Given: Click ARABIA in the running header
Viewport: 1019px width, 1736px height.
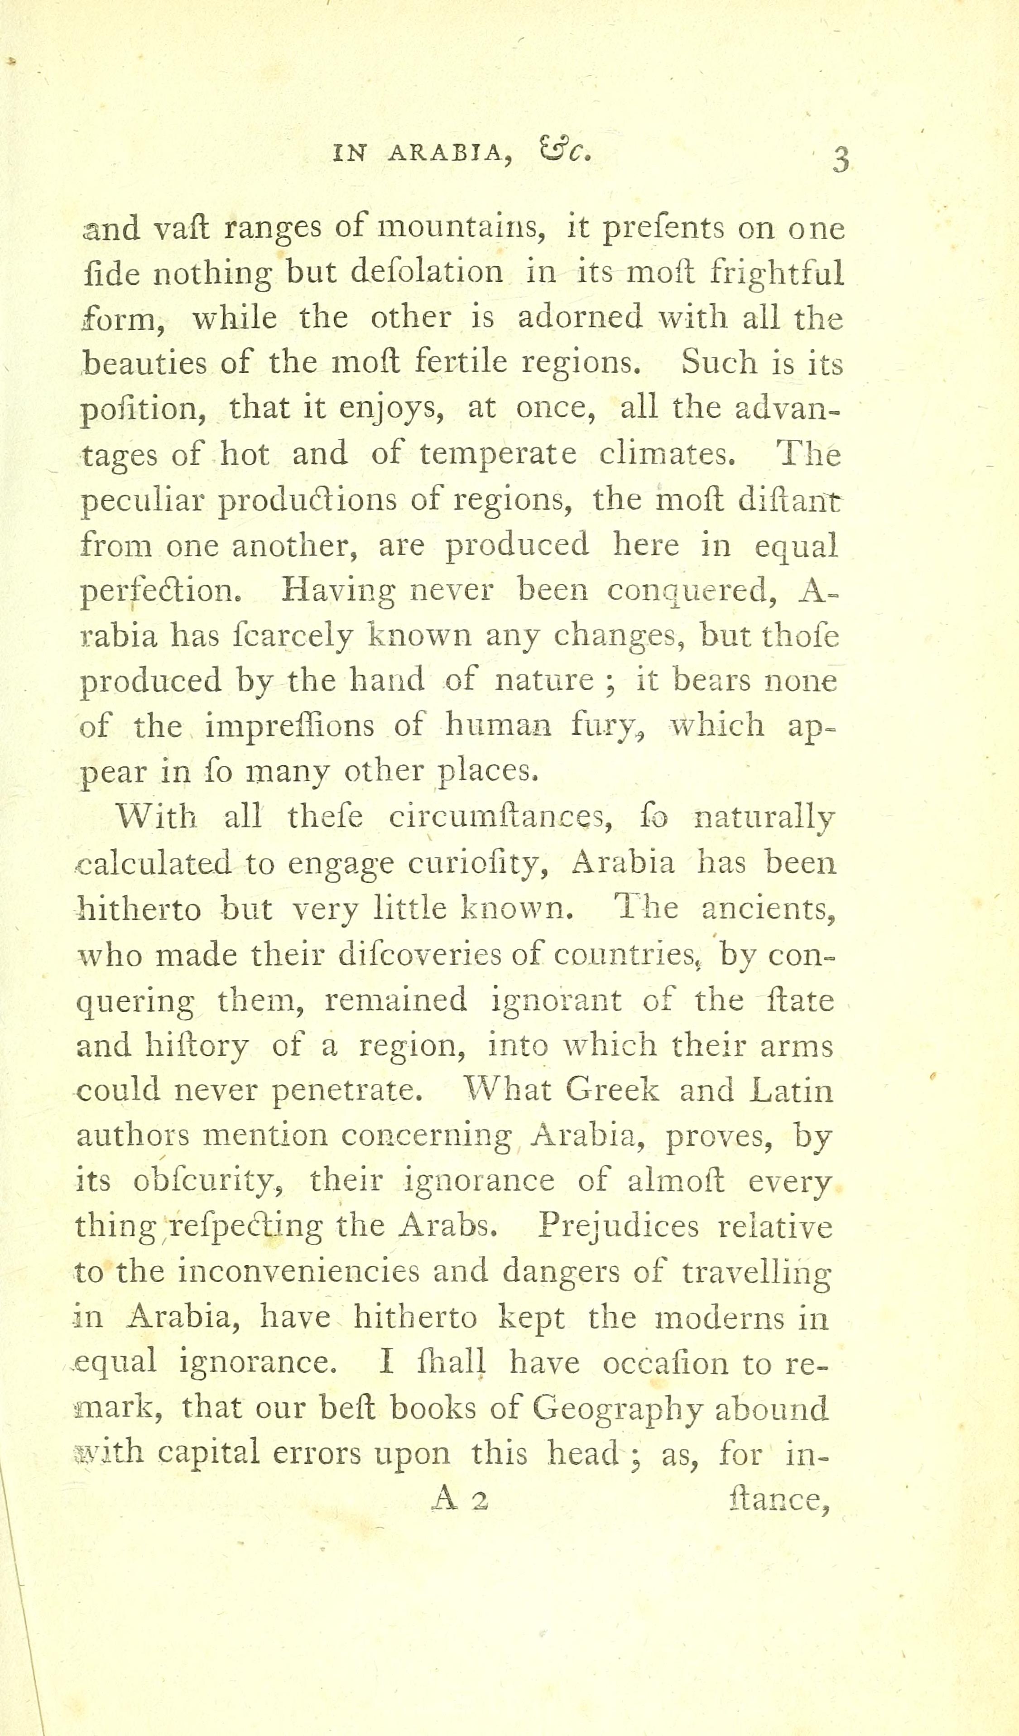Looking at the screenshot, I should point(450,153).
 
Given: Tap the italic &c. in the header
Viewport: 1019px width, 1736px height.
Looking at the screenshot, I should point(565,150).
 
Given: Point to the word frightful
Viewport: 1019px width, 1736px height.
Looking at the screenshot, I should point(777,274).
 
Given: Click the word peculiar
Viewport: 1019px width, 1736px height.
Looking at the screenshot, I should point(143,501).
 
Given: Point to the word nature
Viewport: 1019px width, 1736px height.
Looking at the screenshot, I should point(543,681).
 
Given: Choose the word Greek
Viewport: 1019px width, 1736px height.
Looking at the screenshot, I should point(611,1091).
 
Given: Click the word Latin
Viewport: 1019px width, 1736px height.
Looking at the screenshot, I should point(792,1091).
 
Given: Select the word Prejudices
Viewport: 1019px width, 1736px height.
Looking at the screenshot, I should point(618,1227).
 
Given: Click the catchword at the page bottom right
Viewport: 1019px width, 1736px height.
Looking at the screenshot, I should point(778,1500).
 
